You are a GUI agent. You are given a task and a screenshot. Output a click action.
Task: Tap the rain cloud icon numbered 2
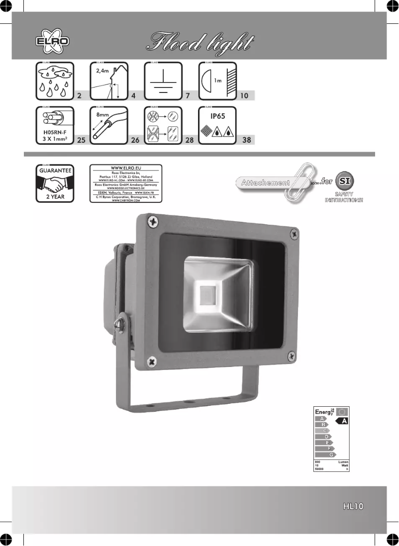coord(55,81)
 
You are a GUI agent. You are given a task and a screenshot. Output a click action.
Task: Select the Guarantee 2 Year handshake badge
coord(55,182)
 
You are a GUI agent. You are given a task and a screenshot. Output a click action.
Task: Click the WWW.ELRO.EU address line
coord(126,168)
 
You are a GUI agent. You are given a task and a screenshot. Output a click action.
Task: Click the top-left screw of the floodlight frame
coord(154,220)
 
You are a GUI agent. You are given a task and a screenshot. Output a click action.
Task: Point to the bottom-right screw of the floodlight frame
coord(292,356)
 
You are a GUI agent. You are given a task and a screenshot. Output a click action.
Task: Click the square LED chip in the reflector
coord(205,295)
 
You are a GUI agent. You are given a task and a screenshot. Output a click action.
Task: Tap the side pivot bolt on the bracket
coord(120,324)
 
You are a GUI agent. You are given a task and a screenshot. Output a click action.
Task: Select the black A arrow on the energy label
coord(342,421)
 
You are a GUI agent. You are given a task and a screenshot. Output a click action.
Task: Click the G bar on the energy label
coord(330,455)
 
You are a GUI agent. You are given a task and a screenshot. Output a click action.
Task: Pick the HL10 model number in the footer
coord(354,507)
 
